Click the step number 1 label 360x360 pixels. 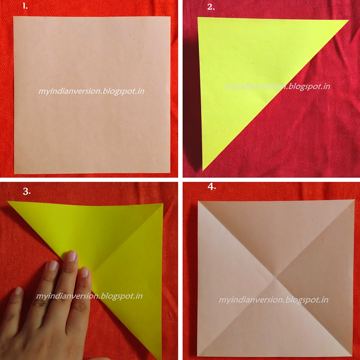25,6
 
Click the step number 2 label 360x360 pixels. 211,7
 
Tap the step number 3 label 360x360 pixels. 27,191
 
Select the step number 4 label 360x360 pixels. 211,187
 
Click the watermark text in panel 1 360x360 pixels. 91,91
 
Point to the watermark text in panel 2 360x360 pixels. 277,86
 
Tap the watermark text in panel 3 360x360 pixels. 89,296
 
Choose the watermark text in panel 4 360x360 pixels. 274,300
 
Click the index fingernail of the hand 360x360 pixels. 85,272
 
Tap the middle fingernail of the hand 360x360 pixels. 72,256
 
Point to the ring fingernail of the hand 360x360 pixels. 53,265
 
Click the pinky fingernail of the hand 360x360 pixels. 18,291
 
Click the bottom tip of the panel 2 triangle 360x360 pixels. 203,171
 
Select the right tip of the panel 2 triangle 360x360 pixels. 349,20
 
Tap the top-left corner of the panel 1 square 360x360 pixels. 13,17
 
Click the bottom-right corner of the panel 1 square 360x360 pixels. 170,173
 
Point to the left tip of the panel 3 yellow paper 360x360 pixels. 7,201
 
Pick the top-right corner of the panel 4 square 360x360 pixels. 354,200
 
